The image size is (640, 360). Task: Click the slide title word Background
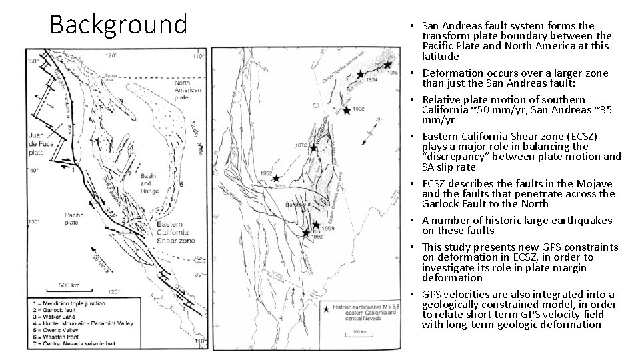(x=119, y=25)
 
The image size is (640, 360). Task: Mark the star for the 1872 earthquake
(x=313, y=147)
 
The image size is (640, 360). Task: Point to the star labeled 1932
(x=347, y=110)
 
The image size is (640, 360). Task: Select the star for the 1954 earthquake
(x=361, y=75)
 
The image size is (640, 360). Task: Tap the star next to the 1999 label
(x=316, y=225)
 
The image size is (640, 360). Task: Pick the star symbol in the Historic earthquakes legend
(x=326, y=309)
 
